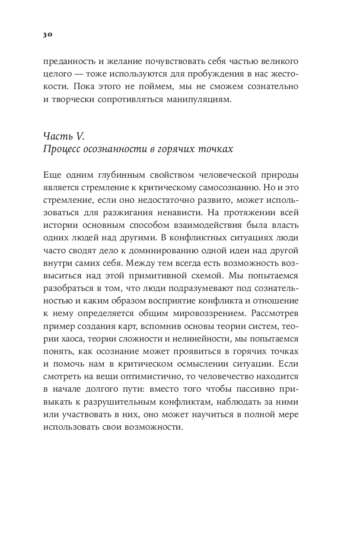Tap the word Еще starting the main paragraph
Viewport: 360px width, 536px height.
51,175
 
